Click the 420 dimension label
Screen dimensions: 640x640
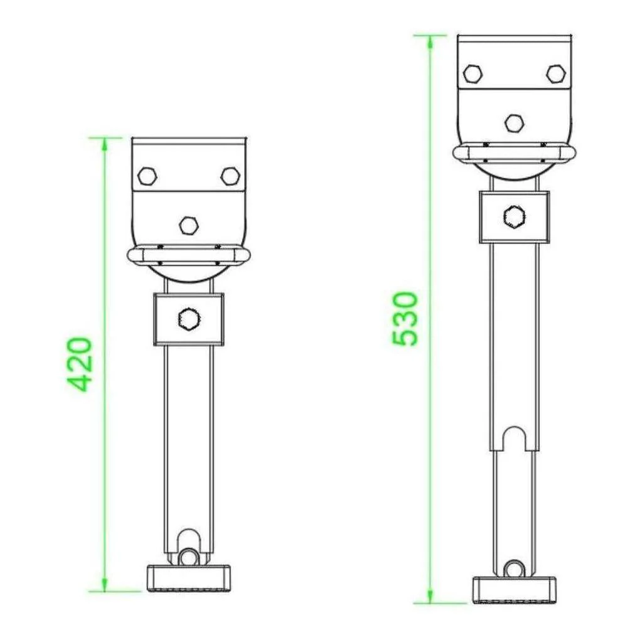80,365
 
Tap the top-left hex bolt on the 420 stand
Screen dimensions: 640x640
147,176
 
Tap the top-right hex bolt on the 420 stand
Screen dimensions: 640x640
230,176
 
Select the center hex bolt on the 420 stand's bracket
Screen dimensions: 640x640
188,224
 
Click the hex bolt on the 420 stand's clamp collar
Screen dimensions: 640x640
188,319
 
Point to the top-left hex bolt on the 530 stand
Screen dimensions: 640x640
472,73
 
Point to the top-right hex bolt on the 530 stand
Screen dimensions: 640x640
556,73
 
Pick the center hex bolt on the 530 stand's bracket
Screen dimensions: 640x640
514,122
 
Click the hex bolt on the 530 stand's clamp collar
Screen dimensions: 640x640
514,216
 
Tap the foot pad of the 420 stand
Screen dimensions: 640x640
188,578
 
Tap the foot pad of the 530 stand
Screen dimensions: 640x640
514,590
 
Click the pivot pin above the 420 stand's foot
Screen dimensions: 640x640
188,556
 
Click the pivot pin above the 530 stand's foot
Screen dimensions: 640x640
514,569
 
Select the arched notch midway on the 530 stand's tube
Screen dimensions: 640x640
514,438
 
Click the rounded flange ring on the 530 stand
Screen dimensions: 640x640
514,152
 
